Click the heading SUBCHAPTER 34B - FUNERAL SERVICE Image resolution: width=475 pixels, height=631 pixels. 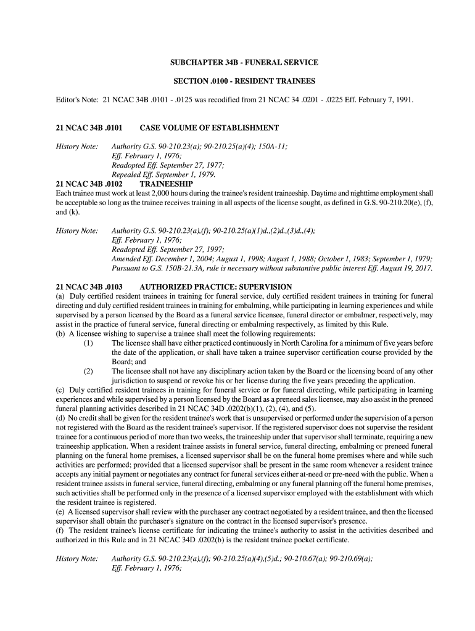[x=244, y=63]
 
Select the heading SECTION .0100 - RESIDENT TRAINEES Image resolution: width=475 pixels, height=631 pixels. [x=244, y=81]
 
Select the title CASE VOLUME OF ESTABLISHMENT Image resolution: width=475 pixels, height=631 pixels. [x=209, y=128]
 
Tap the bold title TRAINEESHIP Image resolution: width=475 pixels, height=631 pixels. [x=167, y=184]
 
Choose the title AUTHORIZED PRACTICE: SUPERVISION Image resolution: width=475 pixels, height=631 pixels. [x=216, y=287]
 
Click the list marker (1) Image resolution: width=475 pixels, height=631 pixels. [x=89, y=343]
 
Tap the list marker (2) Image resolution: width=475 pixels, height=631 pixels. [x=89, y=372]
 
